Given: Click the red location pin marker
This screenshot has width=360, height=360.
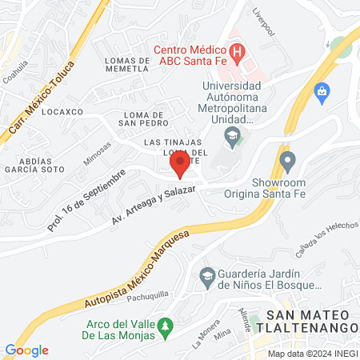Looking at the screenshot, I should coord(180,165).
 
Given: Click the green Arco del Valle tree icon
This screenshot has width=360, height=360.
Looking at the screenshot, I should coord(165,325).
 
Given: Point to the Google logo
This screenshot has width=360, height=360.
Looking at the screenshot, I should coord(26,350).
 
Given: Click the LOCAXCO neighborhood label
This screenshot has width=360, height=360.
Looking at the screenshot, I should coord(62,112).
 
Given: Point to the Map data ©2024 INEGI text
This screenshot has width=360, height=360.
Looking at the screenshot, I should coord(311,353).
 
